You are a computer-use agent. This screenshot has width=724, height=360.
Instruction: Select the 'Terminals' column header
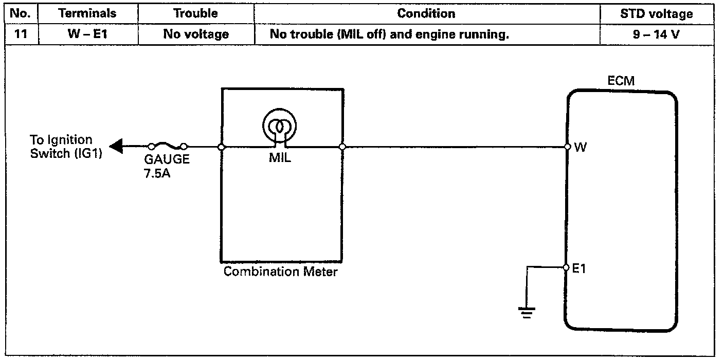tap(87, 14)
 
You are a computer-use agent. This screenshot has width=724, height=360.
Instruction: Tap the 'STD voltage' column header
tap(657, 14)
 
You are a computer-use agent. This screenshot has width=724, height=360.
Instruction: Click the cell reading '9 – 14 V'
tap(657, 35)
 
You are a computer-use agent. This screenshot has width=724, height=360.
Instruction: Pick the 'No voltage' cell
tap(196, 35)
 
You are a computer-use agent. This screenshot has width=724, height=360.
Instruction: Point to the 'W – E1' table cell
tap(87, 35)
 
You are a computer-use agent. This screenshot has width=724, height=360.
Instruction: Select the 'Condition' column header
tap(426, 14)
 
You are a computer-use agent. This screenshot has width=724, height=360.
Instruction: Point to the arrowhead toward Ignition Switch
tap(116, 147)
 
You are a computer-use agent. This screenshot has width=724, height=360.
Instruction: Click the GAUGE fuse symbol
tap(168, 147)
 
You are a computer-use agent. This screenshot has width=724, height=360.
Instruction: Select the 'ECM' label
tap(621, 81)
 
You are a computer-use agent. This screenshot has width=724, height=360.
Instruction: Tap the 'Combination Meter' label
tap(280, 272)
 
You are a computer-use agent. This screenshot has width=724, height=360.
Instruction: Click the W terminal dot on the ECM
tap(567, 147)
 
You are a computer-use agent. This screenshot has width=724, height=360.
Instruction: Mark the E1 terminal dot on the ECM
tap(566, 267)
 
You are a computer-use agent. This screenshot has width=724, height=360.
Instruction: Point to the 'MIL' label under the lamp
tap(280, 159)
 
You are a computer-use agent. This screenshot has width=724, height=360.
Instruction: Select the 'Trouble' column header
tap(196, 14)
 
